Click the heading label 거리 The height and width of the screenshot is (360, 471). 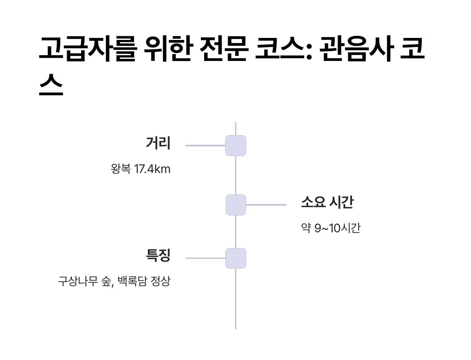coord(158,143)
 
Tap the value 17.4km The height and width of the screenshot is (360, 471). coord(152,169)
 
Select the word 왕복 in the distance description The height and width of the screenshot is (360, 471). coord(121,169)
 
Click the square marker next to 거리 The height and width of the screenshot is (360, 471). coord(235,145)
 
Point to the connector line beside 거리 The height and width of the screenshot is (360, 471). coord(205,145)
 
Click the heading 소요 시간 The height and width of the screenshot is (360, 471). coord(327,203)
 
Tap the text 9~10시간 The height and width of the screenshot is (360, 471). coord(337,228)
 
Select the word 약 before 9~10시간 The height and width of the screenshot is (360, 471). coord(306,228)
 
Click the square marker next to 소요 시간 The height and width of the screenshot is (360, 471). coord(235,205)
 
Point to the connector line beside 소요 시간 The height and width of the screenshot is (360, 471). coord(266,205)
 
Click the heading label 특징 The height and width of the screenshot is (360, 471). coord(158,256)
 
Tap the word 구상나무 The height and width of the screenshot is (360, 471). coord(78,282)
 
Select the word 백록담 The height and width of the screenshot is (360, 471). coord(132,282)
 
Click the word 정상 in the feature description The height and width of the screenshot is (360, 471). coord(160,282)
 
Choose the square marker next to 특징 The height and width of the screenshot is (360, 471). coord(235,258)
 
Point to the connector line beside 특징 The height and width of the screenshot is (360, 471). coord(205,258)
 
